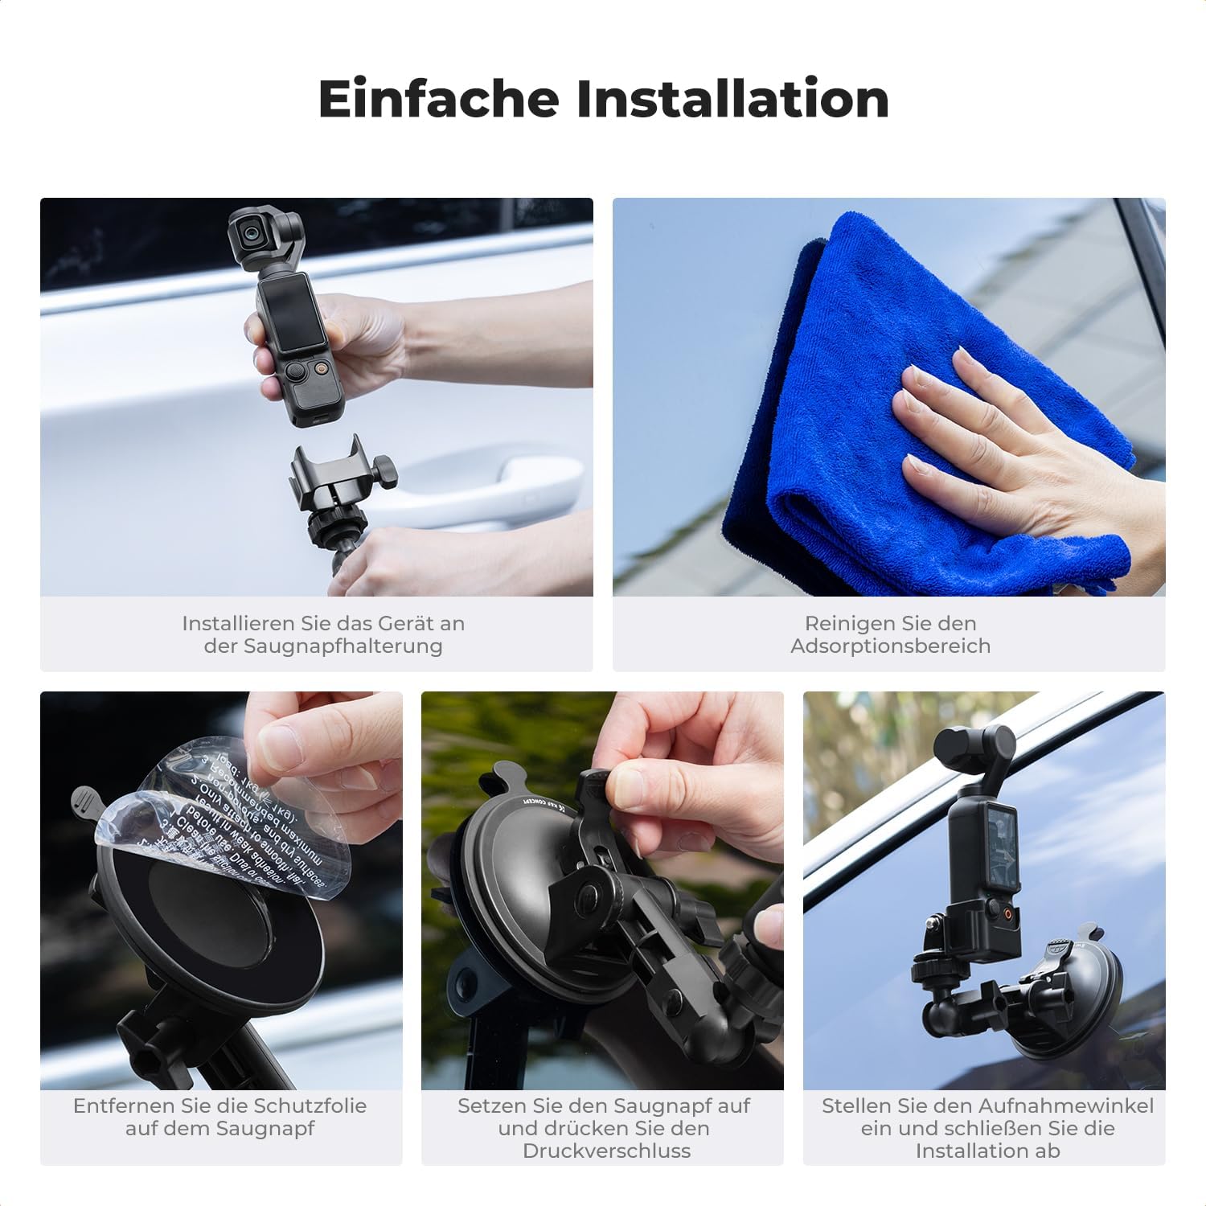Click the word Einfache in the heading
click(438, 99)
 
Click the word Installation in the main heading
click(732, 99)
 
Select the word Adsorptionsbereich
click(890, 646)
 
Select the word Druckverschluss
click(606, 1151)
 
